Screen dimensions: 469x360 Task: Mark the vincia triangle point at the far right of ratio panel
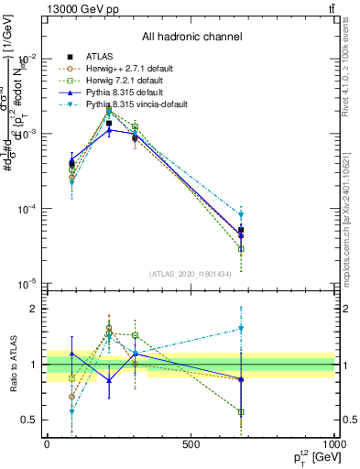(x=241, y=328)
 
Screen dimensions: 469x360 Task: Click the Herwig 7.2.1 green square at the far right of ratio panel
(x=241, y=412)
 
